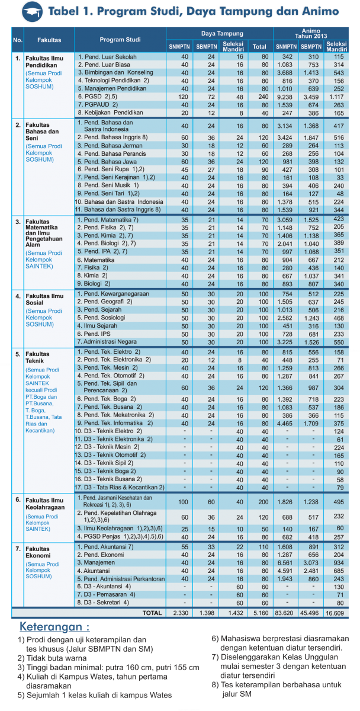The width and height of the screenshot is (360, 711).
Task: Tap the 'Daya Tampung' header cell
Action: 219,34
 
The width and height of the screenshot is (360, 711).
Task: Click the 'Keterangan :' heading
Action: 54,627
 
